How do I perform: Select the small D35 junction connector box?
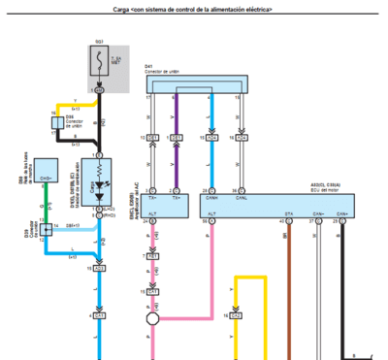coord(57,122)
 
